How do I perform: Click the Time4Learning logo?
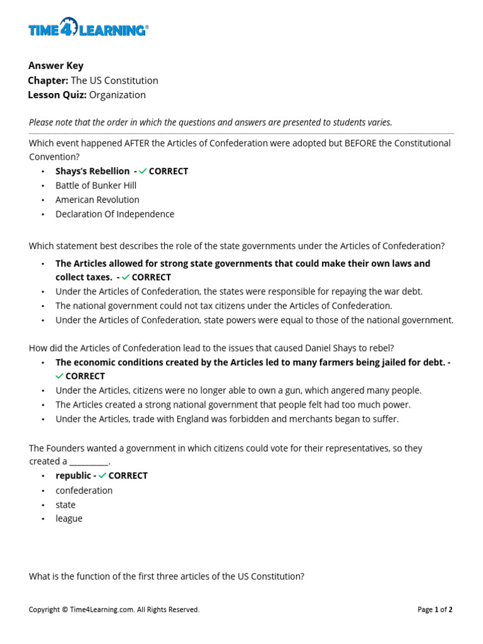point(88,29)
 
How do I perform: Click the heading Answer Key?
point(55,65)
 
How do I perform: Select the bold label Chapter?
point(48,80)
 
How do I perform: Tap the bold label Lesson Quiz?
point(57,95)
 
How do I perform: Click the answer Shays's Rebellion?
point(92,171)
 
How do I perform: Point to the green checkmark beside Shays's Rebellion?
point(143,171)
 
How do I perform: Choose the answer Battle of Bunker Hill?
point(96,186)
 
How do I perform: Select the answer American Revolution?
point(97,199)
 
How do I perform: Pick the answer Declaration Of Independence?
point(114,214)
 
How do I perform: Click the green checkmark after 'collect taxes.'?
point(126,277)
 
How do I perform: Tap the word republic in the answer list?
point(73,475)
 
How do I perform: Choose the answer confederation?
point(84,490)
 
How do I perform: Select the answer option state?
point(65,504)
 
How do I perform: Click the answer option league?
point(69,519)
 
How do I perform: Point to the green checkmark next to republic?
point(102,476)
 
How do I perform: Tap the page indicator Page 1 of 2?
point(435,609)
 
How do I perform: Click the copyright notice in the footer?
point(114,609)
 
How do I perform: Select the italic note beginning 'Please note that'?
point(210,123)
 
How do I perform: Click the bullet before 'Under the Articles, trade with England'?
point(43,419)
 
